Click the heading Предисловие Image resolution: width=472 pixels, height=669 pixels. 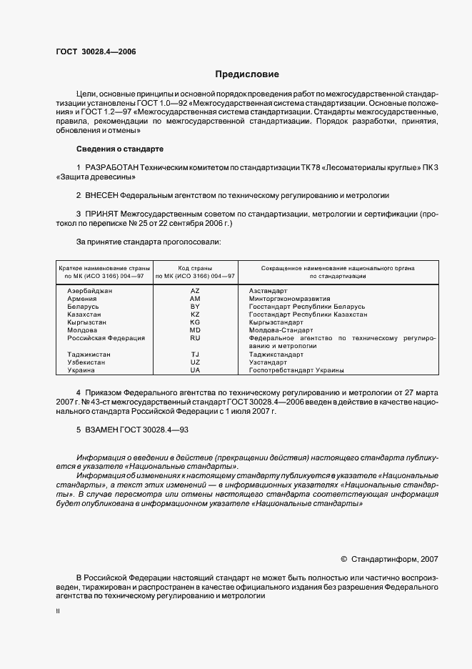pyautogui.click(x=247, y=74)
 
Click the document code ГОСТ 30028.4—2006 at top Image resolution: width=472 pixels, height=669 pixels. pyautogui.click(x=96, y=52)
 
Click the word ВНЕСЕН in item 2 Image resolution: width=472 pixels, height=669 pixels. pyautogui.click(x=101, y=195)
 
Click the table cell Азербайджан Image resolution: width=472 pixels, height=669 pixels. pyautogui.click(x=90, y=292)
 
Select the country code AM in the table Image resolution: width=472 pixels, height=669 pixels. pyautogui.click(x=195, y=299)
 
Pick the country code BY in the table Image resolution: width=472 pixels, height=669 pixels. pyautogui.click(x=195, y=307)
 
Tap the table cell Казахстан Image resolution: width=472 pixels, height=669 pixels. pyautogui.click(x=84, y=314)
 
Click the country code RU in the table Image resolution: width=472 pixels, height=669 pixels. pyautogui.click(x=195, y=338)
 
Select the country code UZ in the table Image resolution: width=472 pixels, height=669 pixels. pyautogui.click(x=195, y=362)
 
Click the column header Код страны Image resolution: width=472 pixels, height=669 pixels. pyautogui.click(x=195, y=267)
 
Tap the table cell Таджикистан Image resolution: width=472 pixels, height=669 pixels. pyautogui.click(x=87, y=355)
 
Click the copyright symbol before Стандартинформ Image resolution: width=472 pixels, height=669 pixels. pyautogui.click(x=344, y=558)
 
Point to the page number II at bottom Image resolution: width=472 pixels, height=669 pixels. pyautogui.click(x=58, y=612)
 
